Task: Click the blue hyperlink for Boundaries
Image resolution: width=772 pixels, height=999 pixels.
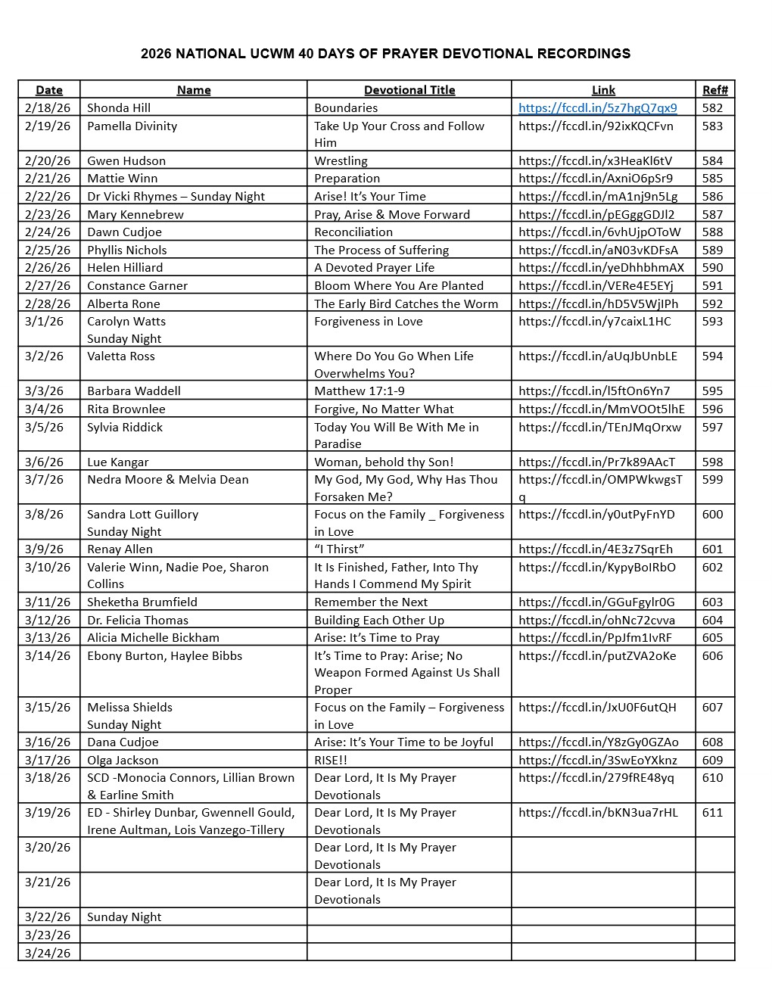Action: point(597,107)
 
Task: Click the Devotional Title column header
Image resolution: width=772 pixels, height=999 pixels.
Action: point(409,90)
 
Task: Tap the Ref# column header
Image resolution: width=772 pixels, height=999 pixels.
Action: point(714,90)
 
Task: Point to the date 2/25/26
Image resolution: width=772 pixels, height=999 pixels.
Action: point(48,250)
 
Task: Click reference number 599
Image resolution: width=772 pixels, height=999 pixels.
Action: point(712,479)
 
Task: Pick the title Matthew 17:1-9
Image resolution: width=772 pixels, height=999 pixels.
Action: point(360,391)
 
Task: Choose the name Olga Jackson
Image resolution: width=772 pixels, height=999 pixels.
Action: point(123,760)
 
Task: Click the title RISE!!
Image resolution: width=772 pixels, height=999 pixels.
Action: point(331,760)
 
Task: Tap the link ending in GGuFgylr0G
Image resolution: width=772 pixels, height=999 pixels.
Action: point(596,602)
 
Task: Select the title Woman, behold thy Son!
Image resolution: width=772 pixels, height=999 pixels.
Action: point(384,462)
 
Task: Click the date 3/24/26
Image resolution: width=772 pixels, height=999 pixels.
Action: point(48,953)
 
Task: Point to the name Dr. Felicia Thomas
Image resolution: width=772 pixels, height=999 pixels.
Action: point(138,620)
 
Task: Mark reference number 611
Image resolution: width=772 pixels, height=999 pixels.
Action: point(712,812)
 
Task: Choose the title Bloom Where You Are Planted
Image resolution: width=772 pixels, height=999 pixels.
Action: point(399,285)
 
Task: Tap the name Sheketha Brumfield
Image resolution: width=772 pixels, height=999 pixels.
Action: point(142,602)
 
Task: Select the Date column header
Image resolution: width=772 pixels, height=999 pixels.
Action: point(49,90)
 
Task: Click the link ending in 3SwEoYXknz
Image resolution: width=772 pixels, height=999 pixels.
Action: point(598,760)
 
